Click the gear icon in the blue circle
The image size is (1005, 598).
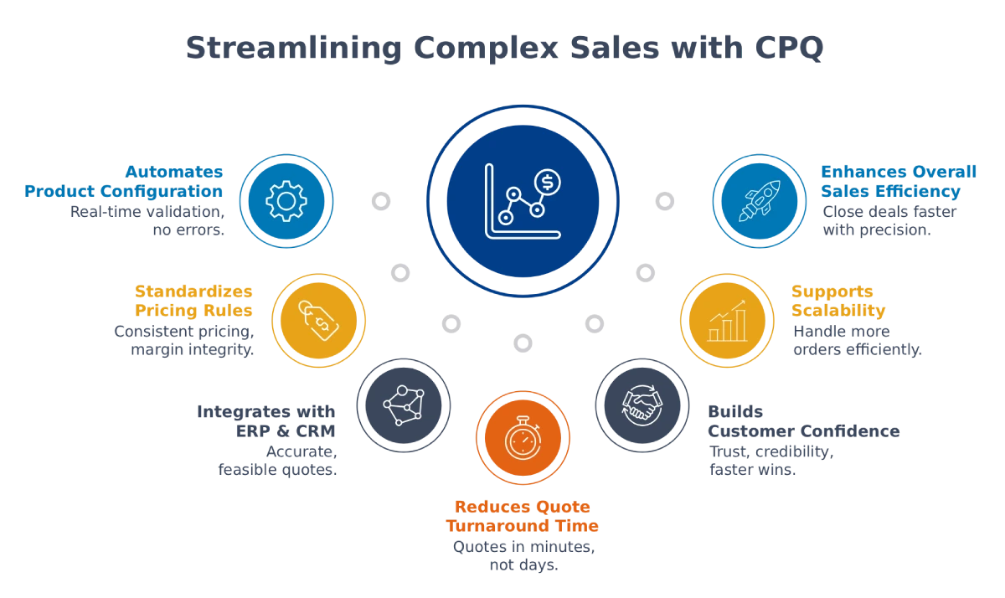[286, 201]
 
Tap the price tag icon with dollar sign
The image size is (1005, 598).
[318, 320]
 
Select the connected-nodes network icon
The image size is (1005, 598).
[403, 405]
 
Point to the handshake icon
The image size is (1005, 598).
[641, 405]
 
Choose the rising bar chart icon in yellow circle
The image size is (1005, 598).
[726, 320]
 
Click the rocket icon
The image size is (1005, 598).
[759, 201]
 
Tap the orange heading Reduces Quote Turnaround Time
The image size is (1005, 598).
[523, 518]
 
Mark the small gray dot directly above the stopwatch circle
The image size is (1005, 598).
[523, 342]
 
